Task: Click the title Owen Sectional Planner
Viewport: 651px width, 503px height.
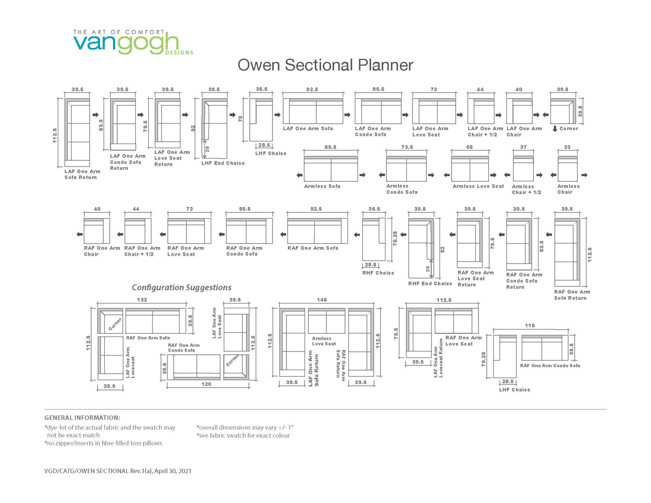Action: tap(325, 65)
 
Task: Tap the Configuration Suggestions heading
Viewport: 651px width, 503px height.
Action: tap(181, 287)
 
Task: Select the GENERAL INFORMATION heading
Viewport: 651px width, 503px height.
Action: tap(82, 417)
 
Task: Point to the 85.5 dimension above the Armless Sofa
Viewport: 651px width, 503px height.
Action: tap(331, 147)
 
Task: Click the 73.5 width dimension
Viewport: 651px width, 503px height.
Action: tap(407, 147)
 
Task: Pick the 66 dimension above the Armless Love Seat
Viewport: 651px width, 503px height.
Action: tap(470, 147)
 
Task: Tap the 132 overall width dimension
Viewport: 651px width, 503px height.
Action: tap(142, 300)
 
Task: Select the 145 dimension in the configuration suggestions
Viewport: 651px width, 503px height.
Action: tap(322, 300)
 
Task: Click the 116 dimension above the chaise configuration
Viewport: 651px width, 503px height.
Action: tap(530, 325)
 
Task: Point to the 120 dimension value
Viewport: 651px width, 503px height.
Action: tap(206, 384)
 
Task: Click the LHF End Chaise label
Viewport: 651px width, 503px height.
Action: tap(223, 163)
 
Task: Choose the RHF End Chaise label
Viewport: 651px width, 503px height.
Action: tap(430, 284)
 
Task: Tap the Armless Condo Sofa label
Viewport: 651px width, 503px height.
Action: tap(402, 189)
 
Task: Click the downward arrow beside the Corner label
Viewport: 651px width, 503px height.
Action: tap(555, 129)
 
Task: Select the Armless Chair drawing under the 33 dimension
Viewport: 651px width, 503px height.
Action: tap(567, 169)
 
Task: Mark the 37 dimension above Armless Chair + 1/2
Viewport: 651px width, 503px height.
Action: tap(524, 147)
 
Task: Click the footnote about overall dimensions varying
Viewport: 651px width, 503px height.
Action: tap(245, 428)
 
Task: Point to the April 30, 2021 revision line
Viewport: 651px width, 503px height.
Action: tap(118, 471)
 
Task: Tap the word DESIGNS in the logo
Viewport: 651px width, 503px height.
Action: tap(179, 53)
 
